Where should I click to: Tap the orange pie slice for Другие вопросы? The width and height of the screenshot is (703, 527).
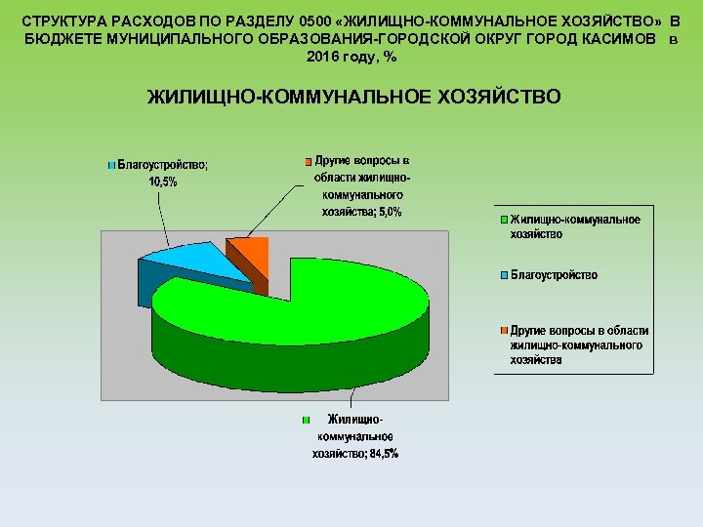pyautogui.click(x=250, y=252)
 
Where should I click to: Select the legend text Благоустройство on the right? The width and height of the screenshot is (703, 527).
pyautogui.click(x=554, y=275)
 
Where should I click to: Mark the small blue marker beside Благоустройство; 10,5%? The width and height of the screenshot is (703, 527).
pyautogui.click(x=111, y=165)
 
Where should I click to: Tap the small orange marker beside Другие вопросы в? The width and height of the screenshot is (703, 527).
pyautogui.click(x=306, y=161)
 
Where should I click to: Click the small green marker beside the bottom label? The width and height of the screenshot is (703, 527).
pyautogui.click(x=306, y=421)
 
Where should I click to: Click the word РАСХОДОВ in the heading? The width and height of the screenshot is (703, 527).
pyautogui.click(x=155, y=20)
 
